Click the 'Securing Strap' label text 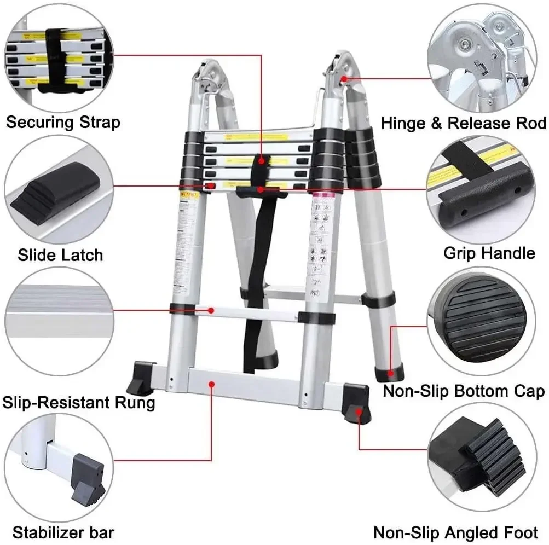pos(63,121)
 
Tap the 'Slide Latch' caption pos(60,254)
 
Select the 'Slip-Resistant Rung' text pos(79,403)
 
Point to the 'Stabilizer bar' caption pos(63,531)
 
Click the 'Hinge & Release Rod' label pos(463,123)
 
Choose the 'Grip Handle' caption pos(489,253)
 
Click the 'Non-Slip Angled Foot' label pos(455,532)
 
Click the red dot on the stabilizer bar pos(211,385)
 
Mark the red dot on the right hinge pos(344,79)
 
